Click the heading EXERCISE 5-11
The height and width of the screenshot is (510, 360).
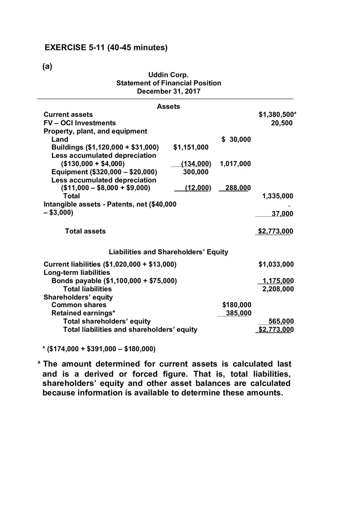[x=106, y=47]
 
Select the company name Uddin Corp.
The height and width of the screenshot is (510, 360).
[x=168, y=75]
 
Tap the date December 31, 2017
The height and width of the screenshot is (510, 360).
[x=168, y=91]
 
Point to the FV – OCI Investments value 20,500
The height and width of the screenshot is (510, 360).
[x=282, y=123]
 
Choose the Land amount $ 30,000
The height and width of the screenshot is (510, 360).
[x=236, y=139]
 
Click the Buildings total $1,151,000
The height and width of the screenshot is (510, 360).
[x=191, y=147]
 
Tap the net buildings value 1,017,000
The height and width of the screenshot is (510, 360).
[x=235, y=164]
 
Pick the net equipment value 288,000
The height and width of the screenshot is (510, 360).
[x=238, y=188]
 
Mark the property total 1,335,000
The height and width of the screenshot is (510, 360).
[x=277, y=196]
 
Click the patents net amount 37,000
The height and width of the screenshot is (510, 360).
[x=282, y=213]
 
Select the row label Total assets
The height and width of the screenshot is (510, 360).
[x=85, y=231]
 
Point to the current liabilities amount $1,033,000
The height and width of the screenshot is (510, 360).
[x=276, y=264]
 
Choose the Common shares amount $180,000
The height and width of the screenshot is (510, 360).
[x=236, y=305]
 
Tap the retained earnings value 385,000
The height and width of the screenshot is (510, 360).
[x=239, y=313]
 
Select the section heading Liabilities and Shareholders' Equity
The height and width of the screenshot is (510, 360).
[x=168, y=252]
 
